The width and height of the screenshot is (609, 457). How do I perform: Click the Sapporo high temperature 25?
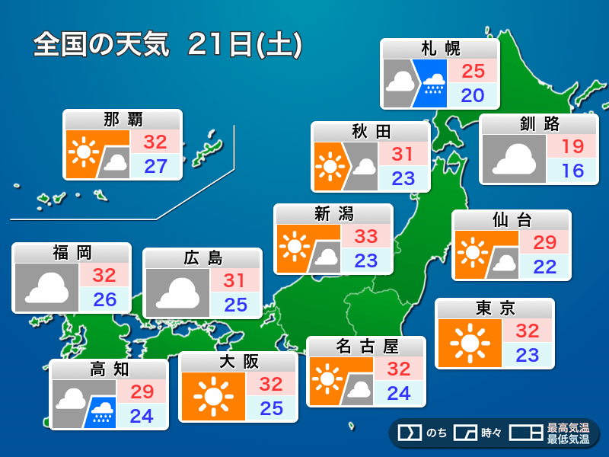click(473, 72)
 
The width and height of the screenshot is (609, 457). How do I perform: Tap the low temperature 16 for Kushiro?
click(572, 170)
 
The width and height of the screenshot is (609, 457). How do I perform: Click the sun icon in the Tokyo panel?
click(470, 343)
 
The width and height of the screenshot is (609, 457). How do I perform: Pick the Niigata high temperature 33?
click(366, 236)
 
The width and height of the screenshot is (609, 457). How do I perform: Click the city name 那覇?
click(123, 120)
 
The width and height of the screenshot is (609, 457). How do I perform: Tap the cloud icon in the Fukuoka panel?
click(47, 287)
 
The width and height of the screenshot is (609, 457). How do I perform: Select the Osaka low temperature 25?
click(271, 408)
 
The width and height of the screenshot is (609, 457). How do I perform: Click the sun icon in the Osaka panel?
click(213, 395)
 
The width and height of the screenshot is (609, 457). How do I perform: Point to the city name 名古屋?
click(367, 347)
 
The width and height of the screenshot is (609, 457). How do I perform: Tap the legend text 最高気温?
click(568, 428)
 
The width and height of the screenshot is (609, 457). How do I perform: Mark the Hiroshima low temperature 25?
click(235, 305)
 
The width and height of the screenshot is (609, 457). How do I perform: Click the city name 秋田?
click(371, 132)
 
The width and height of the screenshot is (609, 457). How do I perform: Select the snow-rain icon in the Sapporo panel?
click(434, 82)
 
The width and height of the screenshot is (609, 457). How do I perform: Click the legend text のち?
click(436, 433)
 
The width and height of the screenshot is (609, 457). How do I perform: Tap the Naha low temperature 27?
click(155, 166)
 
